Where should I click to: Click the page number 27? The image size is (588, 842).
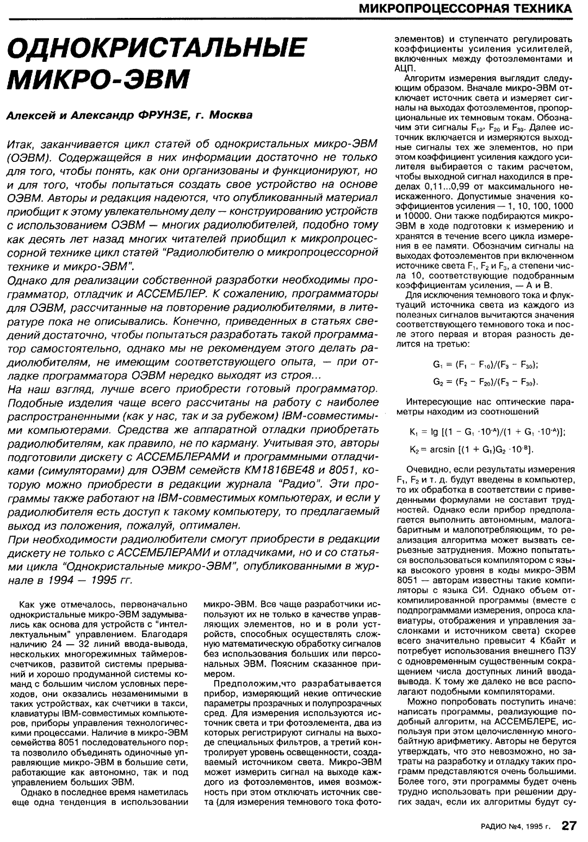tap(569, 826)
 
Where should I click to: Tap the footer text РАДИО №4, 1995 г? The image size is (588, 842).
tap(516, 827)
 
